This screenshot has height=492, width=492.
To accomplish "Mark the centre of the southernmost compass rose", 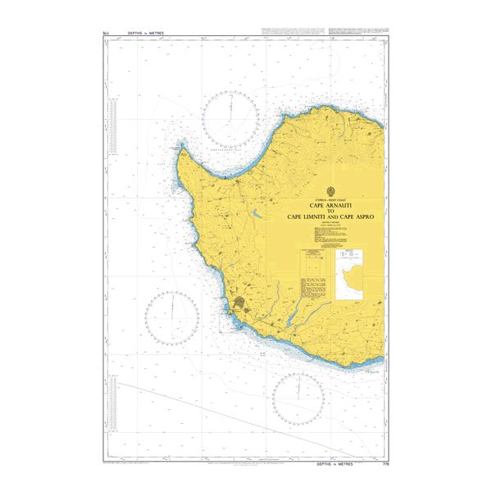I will (298, 399).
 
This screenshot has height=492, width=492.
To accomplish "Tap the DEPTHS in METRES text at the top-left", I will (145, 34).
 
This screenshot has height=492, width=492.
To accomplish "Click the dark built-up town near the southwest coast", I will (239, 308).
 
